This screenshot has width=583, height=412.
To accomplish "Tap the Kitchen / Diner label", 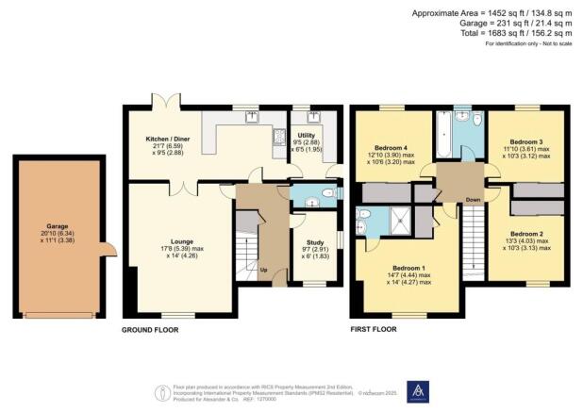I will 163,139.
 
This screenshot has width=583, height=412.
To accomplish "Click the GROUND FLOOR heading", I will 150,330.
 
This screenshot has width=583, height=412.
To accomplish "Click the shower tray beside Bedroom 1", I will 401,222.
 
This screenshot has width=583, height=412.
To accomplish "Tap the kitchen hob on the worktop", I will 278,137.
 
